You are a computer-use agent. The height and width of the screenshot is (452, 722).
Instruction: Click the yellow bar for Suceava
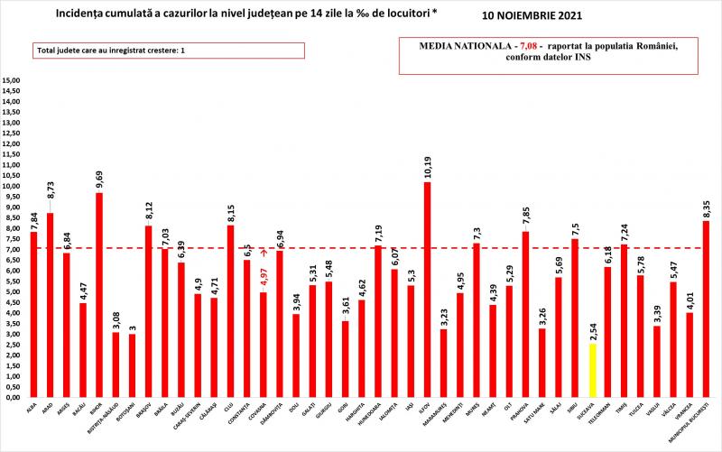point(592,370)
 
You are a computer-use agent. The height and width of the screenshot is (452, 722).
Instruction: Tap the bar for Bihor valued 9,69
point(98,294)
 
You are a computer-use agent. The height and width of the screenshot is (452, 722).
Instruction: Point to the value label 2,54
point(592,327)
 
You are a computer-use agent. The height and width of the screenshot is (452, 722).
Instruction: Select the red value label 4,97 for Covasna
point(263,276)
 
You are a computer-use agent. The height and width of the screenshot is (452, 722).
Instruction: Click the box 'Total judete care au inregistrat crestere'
point(169,51)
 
